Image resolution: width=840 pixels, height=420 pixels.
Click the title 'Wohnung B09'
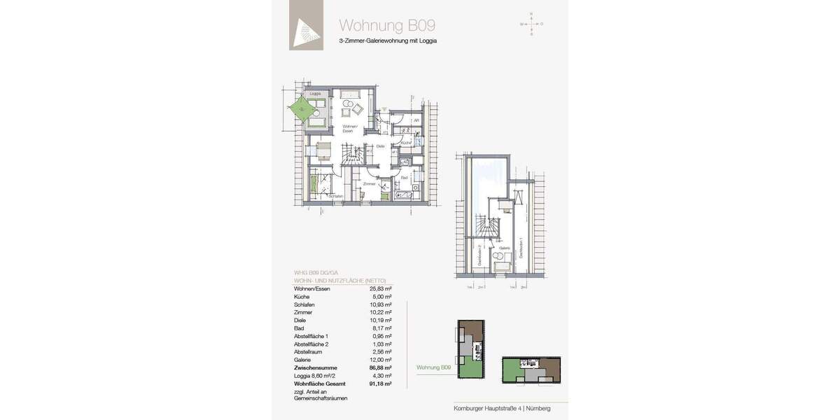387,25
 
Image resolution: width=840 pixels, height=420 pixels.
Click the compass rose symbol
531,24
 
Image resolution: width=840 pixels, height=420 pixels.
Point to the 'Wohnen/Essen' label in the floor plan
348,128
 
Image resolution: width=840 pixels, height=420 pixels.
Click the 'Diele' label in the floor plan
380,146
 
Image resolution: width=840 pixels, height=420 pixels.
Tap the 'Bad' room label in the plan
404,178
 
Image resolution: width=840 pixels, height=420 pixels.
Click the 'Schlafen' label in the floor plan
336,196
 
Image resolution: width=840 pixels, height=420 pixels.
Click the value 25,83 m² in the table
381,288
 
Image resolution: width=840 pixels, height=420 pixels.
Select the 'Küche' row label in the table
302,296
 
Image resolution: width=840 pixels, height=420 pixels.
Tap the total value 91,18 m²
380,384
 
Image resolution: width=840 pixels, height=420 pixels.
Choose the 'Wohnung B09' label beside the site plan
433,367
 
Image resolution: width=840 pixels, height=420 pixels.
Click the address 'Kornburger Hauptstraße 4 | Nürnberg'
501,408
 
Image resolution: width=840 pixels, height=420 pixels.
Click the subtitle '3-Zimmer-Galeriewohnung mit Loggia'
388,41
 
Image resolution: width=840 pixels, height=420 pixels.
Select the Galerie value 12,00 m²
381,359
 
